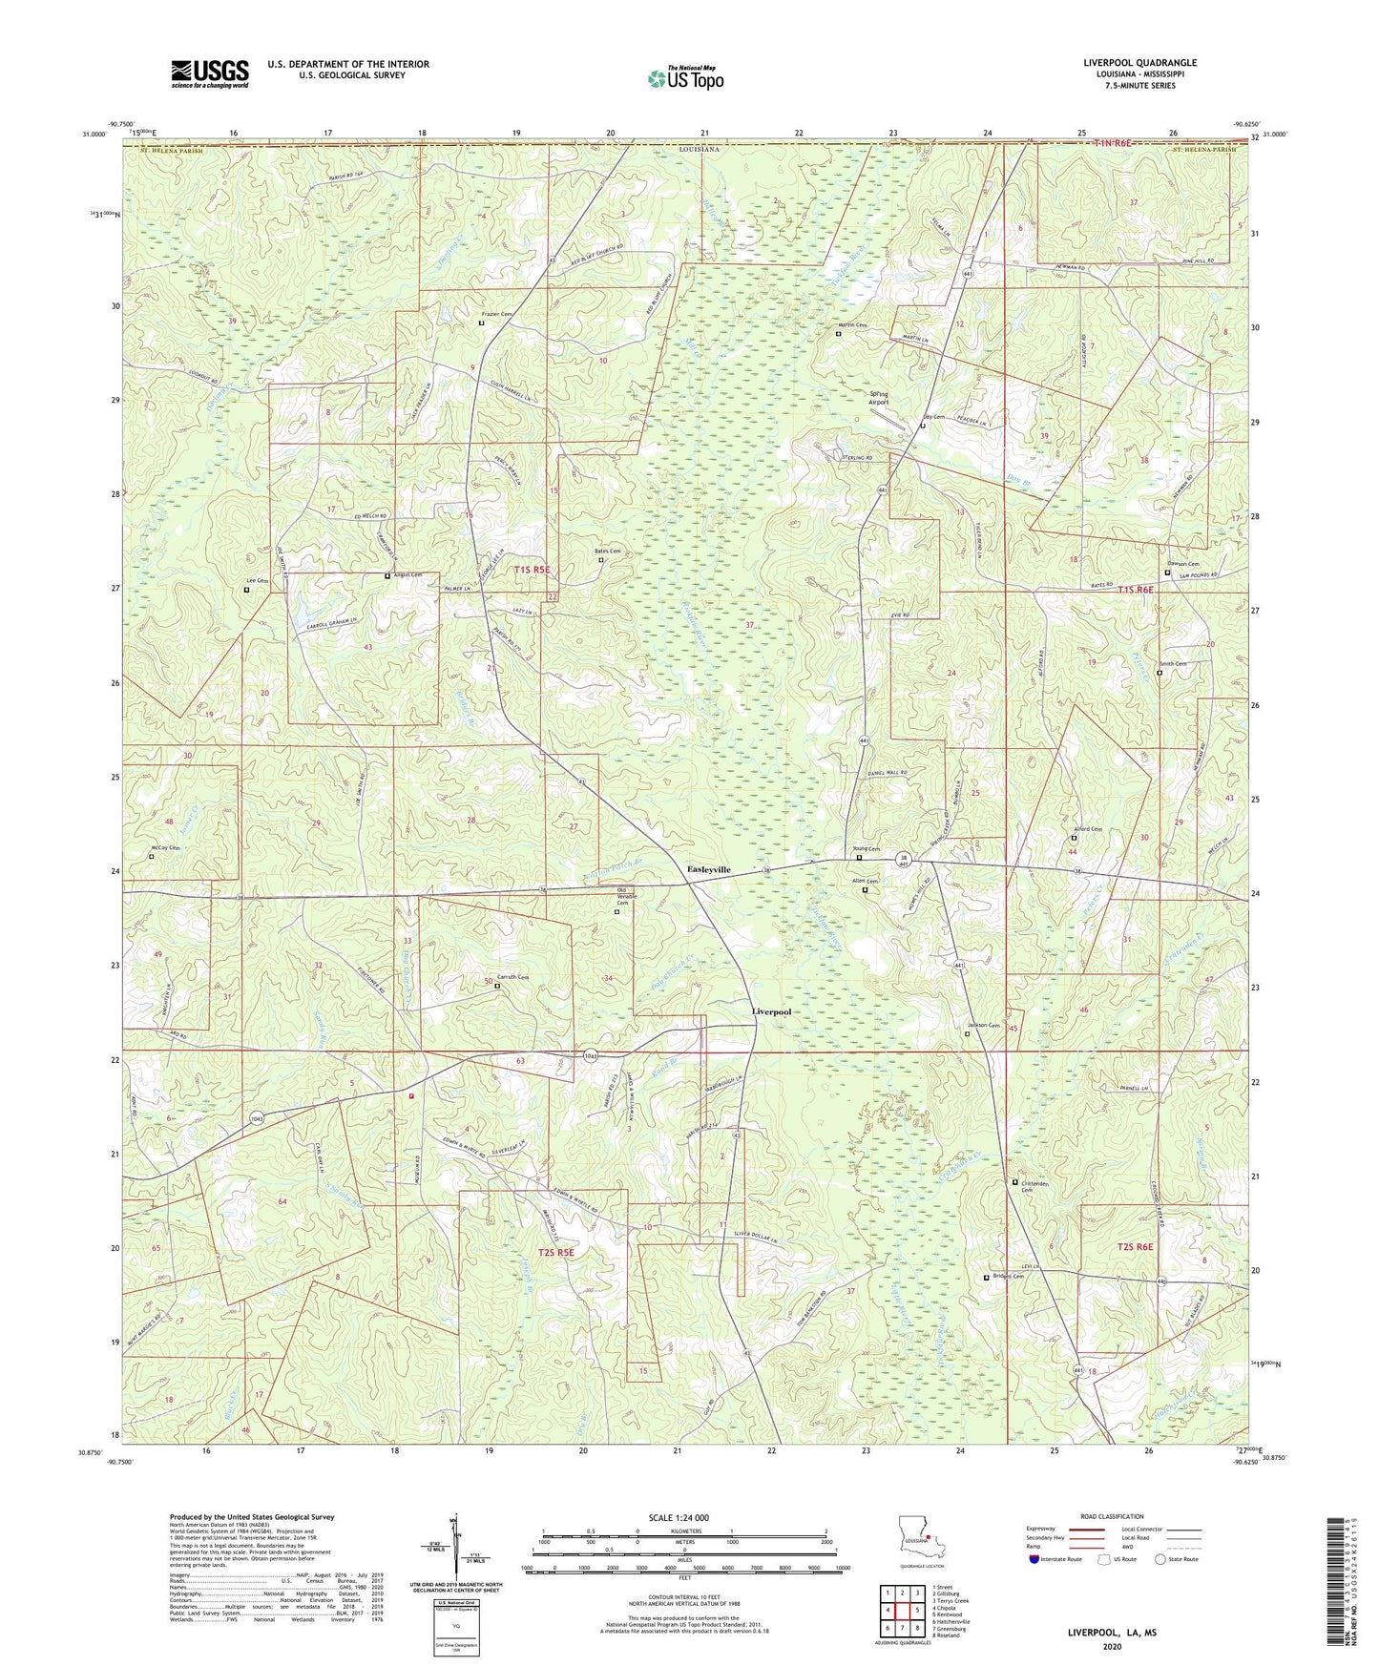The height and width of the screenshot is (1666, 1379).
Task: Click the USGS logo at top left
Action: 210,73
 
